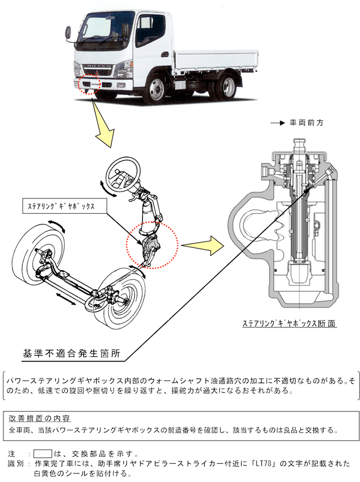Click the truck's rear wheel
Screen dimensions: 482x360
click(229, 87)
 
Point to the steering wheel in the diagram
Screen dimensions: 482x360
click(122, 177)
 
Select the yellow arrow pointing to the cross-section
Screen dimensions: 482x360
click(202, 247)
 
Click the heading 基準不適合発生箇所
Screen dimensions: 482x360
click(71, 353)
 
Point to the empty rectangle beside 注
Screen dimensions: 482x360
click(43, 454)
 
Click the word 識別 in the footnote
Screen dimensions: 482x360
click(16, 464)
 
